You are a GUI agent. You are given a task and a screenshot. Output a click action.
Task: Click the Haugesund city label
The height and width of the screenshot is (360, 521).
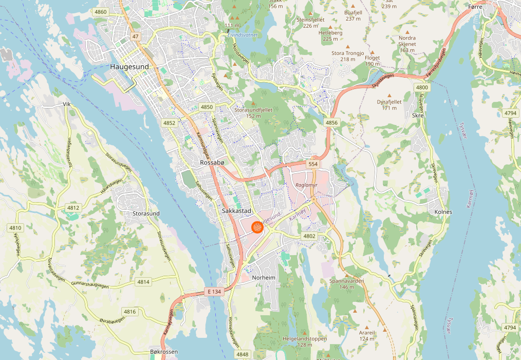tap(129, 67)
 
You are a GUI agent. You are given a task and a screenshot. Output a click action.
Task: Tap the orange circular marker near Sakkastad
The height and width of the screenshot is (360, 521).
tap(257, 227)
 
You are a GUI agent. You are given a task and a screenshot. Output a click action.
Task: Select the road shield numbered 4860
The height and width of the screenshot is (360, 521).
tap(101, 12)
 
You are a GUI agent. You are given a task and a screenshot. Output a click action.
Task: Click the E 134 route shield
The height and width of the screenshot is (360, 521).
tap(215, 292)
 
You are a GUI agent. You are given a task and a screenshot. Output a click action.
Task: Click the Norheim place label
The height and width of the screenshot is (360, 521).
tap(264, 278)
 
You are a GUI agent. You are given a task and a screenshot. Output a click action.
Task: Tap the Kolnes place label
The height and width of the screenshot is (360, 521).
tap(443, 212)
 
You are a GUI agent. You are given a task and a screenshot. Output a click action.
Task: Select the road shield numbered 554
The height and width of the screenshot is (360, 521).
tap(313, 164)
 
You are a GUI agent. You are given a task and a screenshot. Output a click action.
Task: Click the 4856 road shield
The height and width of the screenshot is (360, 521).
tap(331, 122)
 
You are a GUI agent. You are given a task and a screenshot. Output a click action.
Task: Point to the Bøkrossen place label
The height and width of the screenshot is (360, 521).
tap(164, 352)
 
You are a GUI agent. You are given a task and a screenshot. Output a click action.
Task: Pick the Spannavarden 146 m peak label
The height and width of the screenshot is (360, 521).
tap(347, 284)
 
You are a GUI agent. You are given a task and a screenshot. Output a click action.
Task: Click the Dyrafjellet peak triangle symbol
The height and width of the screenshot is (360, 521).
tap(389, 96)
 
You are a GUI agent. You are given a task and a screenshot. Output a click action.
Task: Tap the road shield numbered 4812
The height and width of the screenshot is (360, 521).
tap(73, 208)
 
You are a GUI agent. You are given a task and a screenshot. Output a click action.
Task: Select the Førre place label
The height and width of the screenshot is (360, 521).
tap(476, 7)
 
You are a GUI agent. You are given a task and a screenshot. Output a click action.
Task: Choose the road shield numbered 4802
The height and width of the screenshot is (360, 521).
tap(309, 236)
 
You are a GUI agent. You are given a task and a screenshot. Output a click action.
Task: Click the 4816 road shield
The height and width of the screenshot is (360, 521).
tap(129, 312)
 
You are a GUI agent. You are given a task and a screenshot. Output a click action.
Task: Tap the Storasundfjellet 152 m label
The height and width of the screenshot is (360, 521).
tap(253, 113)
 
